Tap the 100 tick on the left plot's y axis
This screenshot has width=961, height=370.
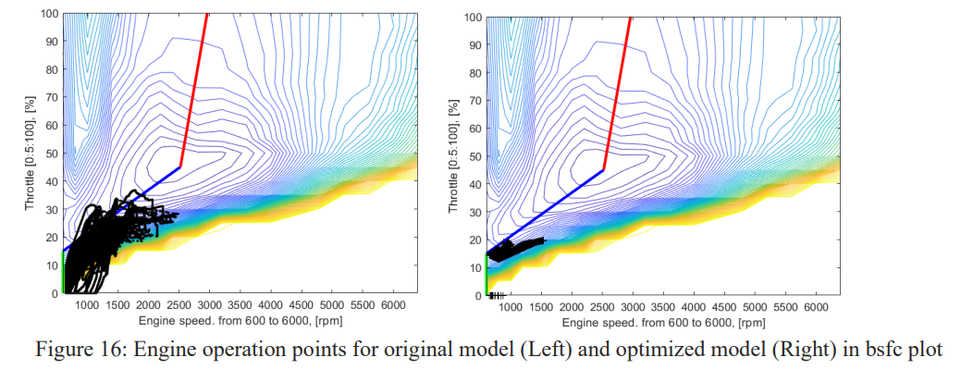49,14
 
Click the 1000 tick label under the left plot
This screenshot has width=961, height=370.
87,304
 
